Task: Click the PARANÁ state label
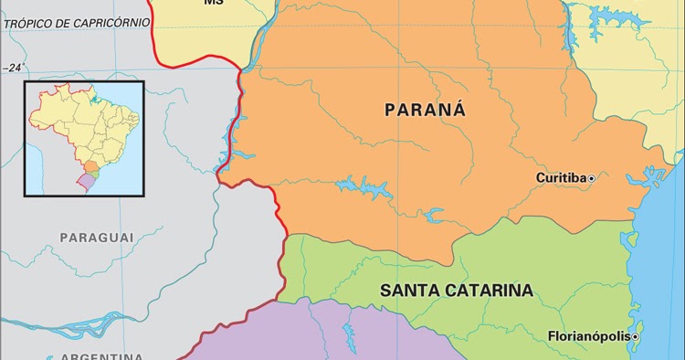(425, 111)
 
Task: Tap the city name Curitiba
(560, 177)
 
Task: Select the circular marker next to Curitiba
(591, 177)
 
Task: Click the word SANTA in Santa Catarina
(409, 291)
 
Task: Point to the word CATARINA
(488, 291)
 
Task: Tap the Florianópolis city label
(588, 336)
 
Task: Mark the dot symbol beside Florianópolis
(635, 336)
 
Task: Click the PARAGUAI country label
(97, 238)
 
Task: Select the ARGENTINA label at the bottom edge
(100, 355)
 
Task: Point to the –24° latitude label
(14, 68)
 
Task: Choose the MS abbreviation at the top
(213, 3)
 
